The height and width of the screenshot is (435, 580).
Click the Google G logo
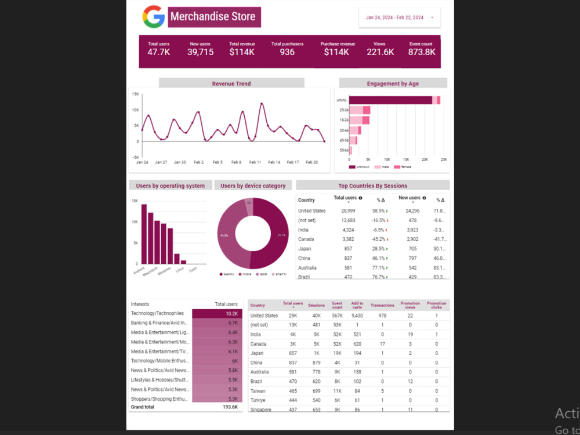(x=154, y=17)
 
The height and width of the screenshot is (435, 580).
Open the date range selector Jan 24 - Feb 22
(x=399, y=17)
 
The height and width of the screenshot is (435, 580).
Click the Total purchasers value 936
(x=287, y=52)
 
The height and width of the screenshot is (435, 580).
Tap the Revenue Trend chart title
(x=231, y=84)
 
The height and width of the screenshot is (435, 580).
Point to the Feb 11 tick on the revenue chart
(x=255, y=162)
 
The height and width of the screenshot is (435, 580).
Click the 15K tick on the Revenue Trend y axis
(x=135, y=94)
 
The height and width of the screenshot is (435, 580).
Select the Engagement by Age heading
(x=393, y=84)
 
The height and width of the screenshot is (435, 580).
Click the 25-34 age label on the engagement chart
(x=344, y=110)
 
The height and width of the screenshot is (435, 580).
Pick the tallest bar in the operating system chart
(x=144, y=234)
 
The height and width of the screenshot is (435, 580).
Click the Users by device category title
(x=253, y=186)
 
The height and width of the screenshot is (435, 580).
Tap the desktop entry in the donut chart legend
(x=227, y=274)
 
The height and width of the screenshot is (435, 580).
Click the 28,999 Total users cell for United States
(x=348, y=211)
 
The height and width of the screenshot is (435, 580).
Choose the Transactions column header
(x=382, y=305)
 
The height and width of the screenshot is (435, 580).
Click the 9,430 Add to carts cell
(x=357, y=316)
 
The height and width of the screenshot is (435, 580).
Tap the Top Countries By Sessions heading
(x=372, y=186)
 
